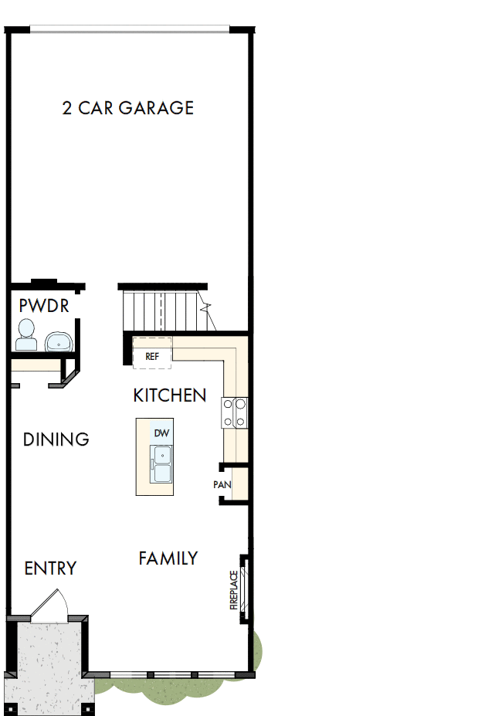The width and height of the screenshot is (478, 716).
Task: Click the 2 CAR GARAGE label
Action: (x=127, y=108)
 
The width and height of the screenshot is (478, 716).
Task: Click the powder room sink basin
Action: (x=58, y=341)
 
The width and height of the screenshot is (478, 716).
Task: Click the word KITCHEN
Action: (x=170, y=395)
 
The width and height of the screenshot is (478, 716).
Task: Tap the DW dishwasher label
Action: (x=161, y=433)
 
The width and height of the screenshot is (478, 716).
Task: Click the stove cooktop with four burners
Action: (x=235, y=412)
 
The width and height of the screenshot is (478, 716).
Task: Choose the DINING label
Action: (x=56, y=439)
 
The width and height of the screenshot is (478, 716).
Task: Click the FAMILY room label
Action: (x=168, y=558)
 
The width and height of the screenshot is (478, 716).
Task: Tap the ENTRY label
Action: (x=50, y=568)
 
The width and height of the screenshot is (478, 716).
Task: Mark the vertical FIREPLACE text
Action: (x=233, y=591)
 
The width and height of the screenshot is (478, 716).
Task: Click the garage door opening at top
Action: (x=130, y=30)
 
